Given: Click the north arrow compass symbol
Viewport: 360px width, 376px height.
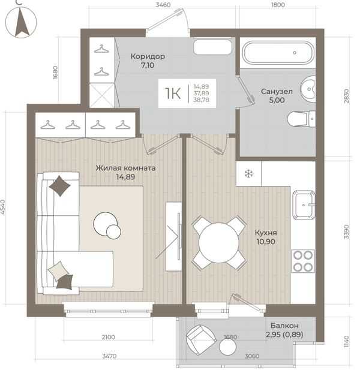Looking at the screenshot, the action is [x=21, y=22].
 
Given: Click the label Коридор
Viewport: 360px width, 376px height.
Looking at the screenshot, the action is [x=148, y=56].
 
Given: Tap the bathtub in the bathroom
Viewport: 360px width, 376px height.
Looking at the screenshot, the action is [x=278, y=53].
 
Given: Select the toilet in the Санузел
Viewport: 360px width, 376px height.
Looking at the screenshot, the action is [x=301, y=119].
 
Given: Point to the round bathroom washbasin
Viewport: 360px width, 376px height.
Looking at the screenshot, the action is [x=308, y=89].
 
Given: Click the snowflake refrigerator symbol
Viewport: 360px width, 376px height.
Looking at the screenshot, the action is [x=248, y=173].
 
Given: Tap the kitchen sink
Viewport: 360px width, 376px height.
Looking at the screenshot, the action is [x=304, y=205].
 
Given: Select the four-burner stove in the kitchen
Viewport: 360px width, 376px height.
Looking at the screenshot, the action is [x=303, y=261].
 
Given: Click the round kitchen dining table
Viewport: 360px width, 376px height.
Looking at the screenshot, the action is [x=219, y=243].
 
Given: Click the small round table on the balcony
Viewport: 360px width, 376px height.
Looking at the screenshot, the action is [x=227, y=347].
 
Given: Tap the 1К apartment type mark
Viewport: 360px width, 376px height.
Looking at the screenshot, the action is [x=173, y=94].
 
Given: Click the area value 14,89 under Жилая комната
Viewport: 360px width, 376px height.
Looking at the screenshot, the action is [x=125, y=177].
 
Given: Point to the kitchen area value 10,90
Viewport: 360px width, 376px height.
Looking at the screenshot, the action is [x=266, y=242].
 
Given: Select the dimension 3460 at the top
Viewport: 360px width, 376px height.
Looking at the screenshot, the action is [x=163, y=5].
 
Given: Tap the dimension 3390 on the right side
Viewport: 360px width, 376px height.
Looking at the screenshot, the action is [x=346, y=231].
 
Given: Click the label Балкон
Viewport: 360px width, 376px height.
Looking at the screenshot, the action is [x=284, y=326].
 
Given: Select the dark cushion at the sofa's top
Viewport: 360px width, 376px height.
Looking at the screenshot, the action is [x=59, y=186].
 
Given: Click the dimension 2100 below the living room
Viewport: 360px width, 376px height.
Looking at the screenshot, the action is [x=108, y=338].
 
